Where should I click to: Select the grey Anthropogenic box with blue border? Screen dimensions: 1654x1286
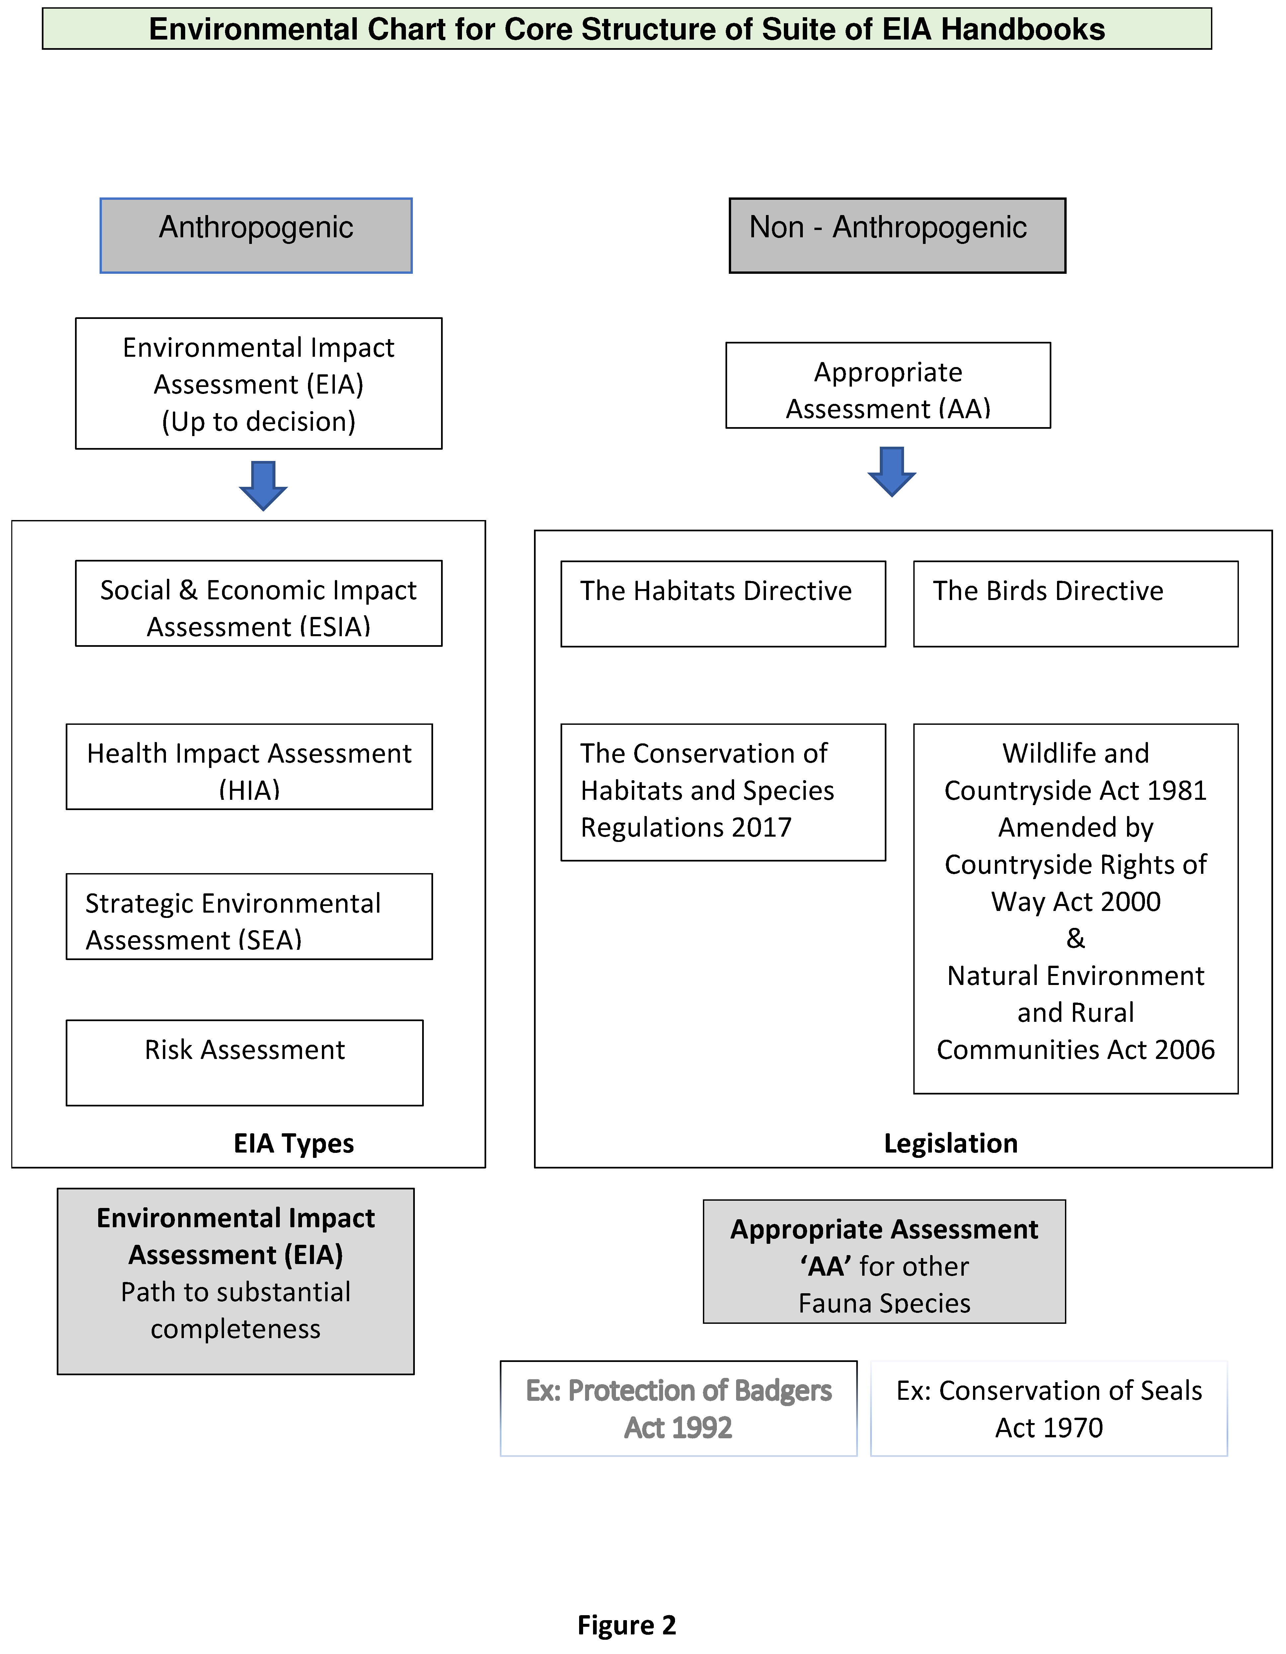[256, 236]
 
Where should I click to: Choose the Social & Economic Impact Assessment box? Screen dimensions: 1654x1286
[258, 604]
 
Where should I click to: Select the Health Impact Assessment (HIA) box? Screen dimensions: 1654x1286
[249, 766]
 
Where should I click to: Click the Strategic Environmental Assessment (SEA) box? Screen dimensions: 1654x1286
[249, 916]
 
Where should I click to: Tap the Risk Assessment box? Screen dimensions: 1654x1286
[245, 1063]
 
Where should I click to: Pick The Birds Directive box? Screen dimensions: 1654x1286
[1076, 604]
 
